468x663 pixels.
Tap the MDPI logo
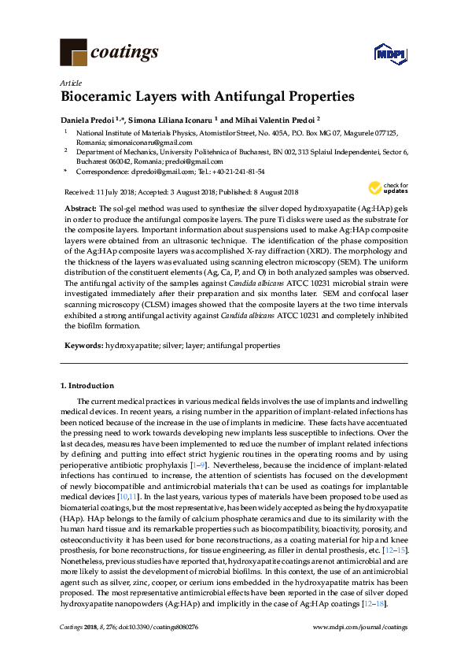click(x=389, y=54)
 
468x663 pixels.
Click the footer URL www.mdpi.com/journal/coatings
click(x=361, y=627)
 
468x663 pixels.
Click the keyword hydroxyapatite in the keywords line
click(x=131, y=346)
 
